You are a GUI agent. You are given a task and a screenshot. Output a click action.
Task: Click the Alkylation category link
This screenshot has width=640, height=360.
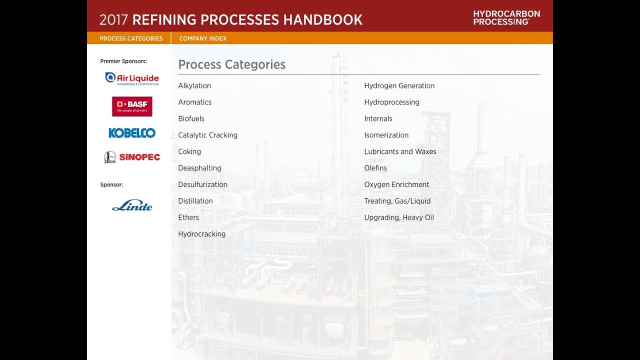194,85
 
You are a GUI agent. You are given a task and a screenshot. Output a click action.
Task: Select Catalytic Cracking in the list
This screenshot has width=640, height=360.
207,135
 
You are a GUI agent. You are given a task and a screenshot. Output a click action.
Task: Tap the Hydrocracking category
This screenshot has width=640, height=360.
201,234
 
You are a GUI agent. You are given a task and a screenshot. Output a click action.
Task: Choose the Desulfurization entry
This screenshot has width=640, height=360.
202,184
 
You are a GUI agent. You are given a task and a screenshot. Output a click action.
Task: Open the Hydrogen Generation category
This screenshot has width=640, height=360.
399,85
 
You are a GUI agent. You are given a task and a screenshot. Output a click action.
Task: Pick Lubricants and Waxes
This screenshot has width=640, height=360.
400,151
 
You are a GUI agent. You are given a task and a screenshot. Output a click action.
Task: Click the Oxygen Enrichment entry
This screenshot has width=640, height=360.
396,184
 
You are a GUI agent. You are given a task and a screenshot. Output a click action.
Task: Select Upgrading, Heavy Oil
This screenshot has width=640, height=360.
398,217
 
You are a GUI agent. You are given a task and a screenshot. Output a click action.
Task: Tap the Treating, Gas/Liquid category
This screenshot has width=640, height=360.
397,201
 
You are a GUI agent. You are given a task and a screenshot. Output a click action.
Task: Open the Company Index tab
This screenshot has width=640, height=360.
202,38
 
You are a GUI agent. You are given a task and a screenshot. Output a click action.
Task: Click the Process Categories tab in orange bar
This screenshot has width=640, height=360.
131,38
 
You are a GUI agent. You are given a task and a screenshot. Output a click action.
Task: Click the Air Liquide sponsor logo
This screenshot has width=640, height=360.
132,78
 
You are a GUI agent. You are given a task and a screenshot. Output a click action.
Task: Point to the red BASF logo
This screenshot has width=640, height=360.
132,106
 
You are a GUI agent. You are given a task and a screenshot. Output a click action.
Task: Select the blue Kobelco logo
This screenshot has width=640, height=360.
132,133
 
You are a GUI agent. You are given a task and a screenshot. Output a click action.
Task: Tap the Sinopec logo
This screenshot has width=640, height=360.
132,157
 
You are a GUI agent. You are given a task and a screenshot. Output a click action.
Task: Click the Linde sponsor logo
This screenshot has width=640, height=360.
132,205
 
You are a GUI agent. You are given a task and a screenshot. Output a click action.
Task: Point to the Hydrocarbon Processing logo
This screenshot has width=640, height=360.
506,17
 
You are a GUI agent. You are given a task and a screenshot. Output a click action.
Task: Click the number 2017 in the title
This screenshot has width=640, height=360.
114,20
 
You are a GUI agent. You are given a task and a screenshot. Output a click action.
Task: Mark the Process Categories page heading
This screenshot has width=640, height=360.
231,64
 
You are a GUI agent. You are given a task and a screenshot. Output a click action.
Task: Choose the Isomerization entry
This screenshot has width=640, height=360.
386,135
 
